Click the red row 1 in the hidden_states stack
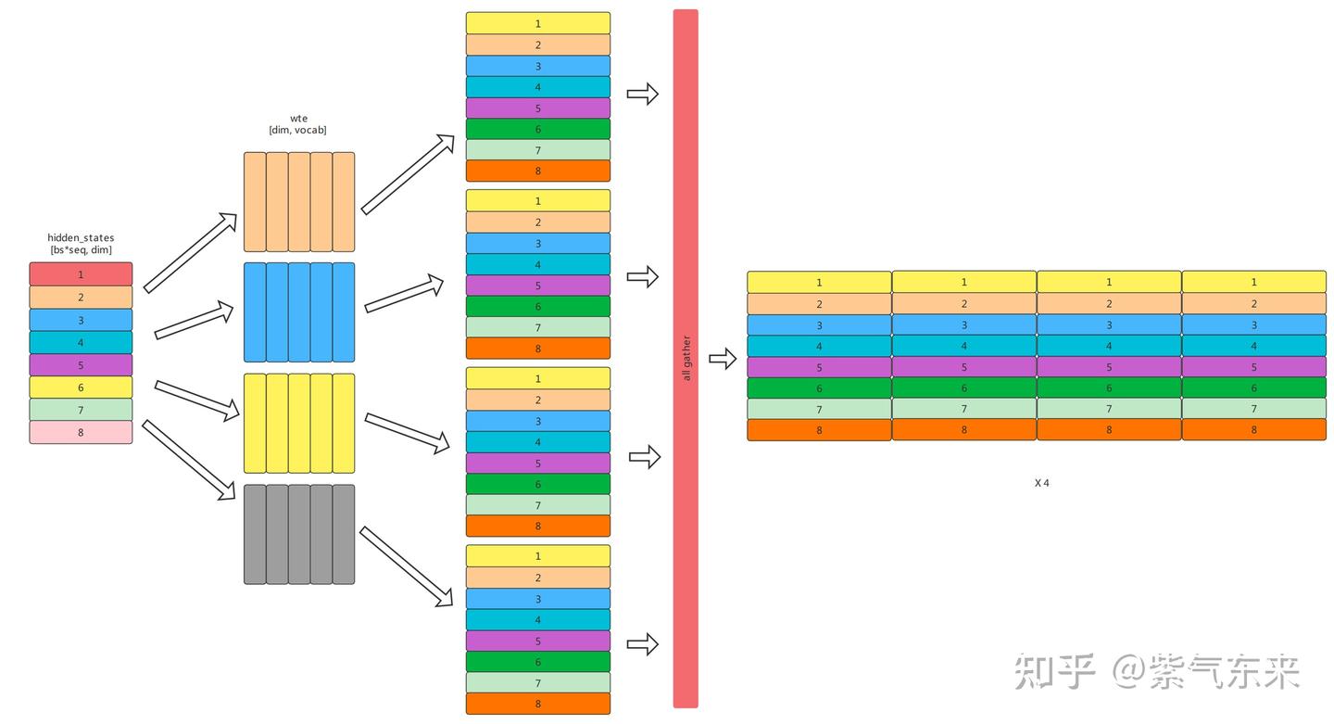coord(81,274)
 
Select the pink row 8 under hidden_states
coord(81,432)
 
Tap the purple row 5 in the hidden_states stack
coord(81,365)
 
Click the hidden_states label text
coord(81,237)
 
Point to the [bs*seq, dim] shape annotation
coord(81,250)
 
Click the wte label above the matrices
coord(298,118)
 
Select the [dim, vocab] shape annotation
coord(298,131)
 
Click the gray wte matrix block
coord(299,535)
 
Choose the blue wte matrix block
coord(299,312)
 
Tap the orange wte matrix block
coord(299,202)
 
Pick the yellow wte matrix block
coord(299,424)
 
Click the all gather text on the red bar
coord(686,358)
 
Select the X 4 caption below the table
coord(1041,483)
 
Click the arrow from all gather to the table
coord(722,359)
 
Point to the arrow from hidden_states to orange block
coord(190,253)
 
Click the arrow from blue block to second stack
coord(405,293)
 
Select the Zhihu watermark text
coord(1157,671)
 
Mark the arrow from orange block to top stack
coord(408,174)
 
